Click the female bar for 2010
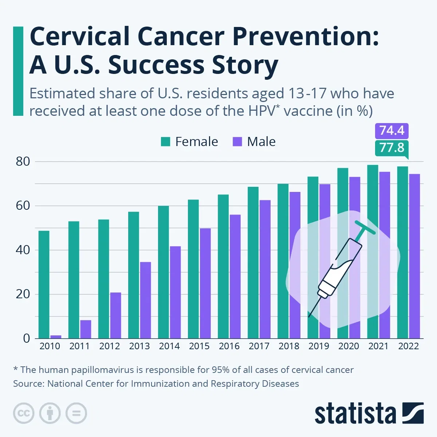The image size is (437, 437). pos(44,284)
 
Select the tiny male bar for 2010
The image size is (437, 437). pos(56,336)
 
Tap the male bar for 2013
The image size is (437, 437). pos(145,300)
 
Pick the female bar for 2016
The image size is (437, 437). pos(223,266)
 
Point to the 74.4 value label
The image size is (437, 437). pos(392,130)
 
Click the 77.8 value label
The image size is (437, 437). pos(392,147)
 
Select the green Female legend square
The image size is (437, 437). pos(166,142)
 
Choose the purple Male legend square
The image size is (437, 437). pos(237,142)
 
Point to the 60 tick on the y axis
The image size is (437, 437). pos(23,206)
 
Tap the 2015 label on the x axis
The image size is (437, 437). pos(199,346)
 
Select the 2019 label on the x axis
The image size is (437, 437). pos(319,346)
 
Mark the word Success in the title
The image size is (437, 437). pos(157,66)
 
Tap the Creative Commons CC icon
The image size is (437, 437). pos(24,413)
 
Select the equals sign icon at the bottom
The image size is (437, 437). pos(76,413)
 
